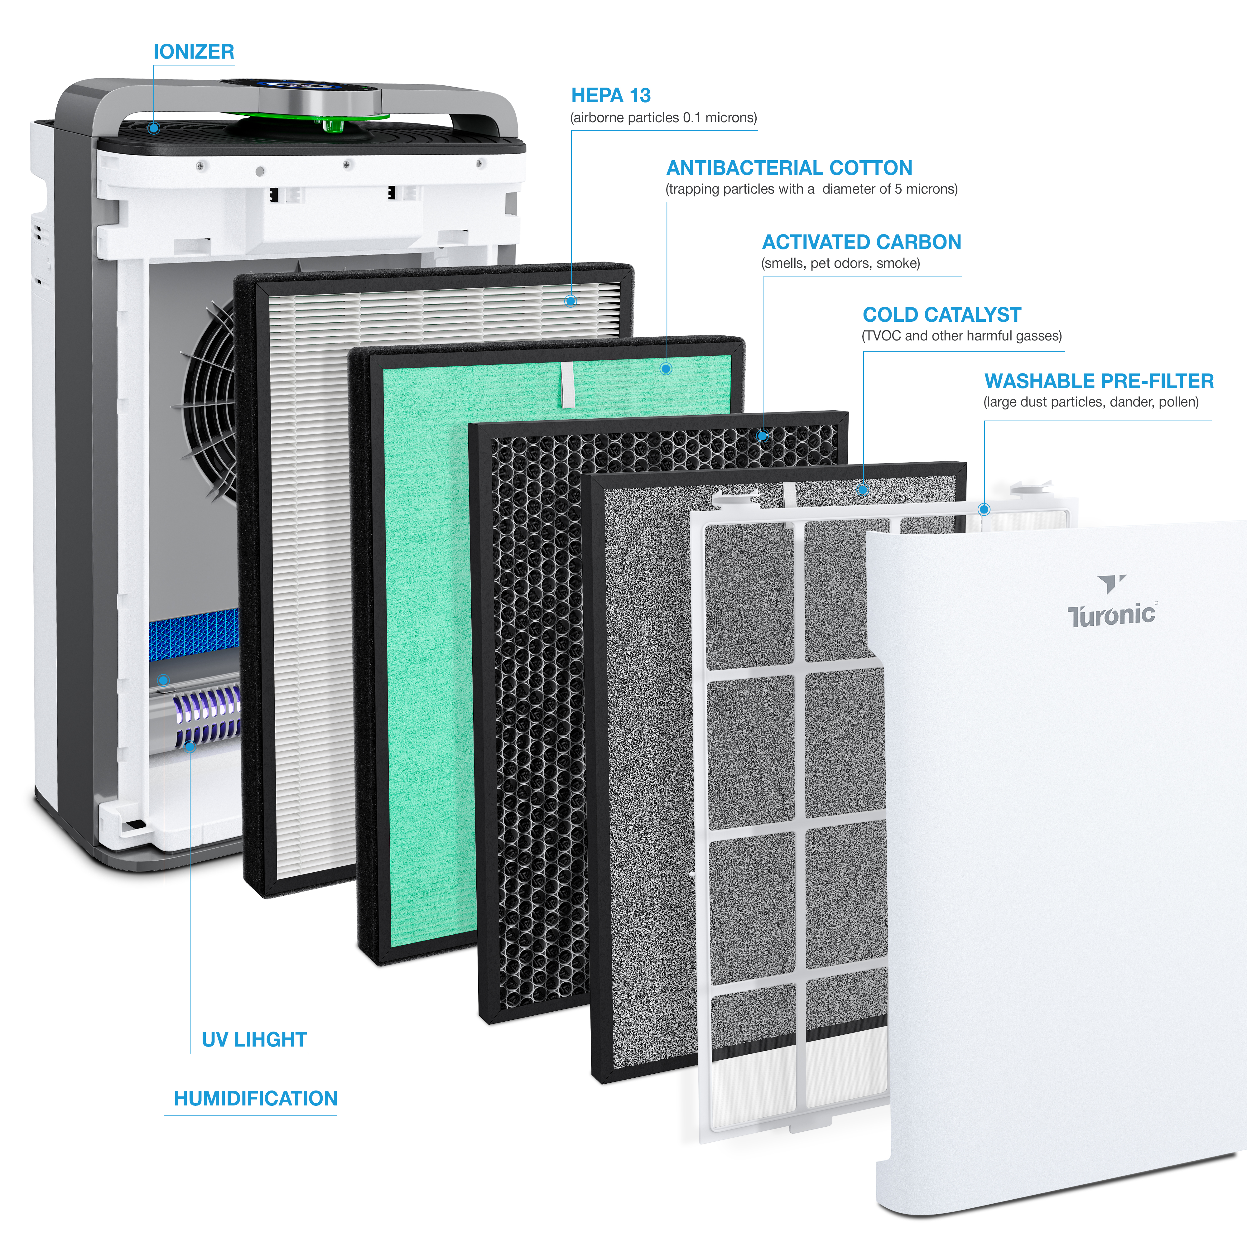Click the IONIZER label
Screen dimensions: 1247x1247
coord(194,52)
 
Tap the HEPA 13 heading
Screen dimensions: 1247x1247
coord(611,95)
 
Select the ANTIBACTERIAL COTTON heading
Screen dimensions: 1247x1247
coord(789,168)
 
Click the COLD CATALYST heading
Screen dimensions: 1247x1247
coord(942,315)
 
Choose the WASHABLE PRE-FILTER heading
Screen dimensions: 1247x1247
coord(1099,381)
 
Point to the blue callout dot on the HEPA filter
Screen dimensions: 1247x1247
coord(571,301)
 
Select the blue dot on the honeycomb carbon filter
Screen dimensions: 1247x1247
coord(762,436)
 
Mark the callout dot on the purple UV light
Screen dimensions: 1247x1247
coord(190,747)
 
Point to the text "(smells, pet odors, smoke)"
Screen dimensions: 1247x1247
coord(840,263)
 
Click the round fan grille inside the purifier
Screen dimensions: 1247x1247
coord(210,400)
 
